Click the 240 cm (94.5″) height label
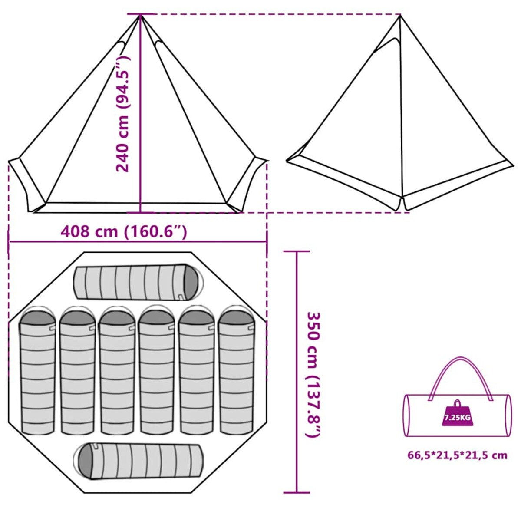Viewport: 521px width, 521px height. point(122,114)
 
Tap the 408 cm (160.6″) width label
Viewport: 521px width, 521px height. point(124,231)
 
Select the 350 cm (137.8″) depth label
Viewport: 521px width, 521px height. point(313,374)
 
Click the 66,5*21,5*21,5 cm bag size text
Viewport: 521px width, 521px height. point(457,455)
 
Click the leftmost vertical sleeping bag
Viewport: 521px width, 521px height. point(37,371)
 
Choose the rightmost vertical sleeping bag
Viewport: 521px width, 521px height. point(236,371)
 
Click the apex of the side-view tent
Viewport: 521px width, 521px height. point(400,16)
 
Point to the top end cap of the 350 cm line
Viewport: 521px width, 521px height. point(297,251)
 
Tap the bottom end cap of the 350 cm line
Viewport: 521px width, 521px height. point(297,493)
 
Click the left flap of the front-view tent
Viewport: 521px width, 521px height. point(26,185)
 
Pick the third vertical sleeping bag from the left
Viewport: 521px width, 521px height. point(117,371)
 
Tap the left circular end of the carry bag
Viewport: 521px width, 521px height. point(407,415)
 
